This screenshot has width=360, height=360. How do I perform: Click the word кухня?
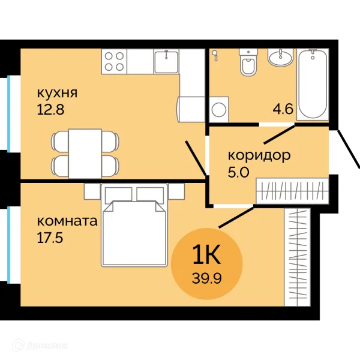57,94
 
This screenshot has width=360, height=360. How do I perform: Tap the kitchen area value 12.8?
50,110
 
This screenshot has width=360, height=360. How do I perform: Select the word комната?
67,221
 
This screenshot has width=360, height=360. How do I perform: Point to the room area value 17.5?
50,238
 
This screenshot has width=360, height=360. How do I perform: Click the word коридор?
259,156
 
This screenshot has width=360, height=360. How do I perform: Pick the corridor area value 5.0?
238,172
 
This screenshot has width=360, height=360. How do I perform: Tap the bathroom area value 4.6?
283,109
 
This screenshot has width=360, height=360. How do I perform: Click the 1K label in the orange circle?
206,254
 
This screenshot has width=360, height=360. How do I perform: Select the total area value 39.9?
206,279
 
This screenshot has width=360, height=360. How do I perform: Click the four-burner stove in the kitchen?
114,61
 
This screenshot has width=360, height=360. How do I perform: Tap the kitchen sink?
166,62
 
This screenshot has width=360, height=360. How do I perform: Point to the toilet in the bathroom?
248,62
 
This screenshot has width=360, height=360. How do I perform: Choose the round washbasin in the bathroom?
280,57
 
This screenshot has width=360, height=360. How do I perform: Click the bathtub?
313,84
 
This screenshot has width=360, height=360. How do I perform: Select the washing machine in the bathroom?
219,110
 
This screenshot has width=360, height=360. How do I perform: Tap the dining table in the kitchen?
85,154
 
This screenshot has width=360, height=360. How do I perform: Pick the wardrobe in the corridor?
292,191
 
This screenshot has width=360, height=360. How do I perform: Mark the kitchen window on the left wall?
9,113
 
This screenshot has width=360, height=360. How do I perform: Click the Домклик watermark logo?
40,346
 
